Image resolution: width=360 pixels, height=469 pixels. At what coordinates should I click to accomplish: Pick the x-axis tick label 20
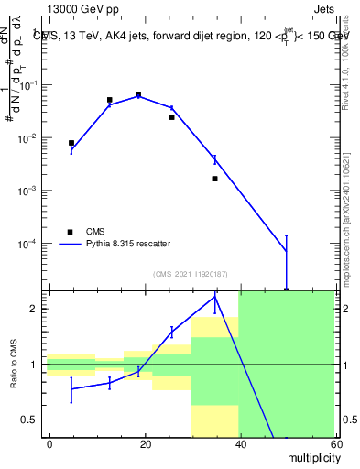[x=145, y=443]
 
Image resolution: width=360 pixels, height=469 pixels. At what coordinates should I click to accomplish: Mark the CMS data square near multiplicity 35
[x=214, y=179]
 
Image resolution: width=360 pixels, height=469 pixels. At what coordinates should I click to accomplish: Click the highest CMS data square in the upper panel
[x=137, y=94]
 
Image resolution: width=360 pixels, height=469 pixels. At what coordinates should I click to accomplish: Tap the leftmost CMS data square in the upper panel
[x=71, y=143]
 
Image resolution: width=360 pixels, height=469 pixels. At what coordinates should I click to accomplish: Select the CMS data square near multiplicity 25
[x=171, y=117]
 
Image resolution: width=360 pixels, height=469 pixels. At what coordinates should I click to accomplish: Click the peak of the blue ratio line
[x=214, y=297]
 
